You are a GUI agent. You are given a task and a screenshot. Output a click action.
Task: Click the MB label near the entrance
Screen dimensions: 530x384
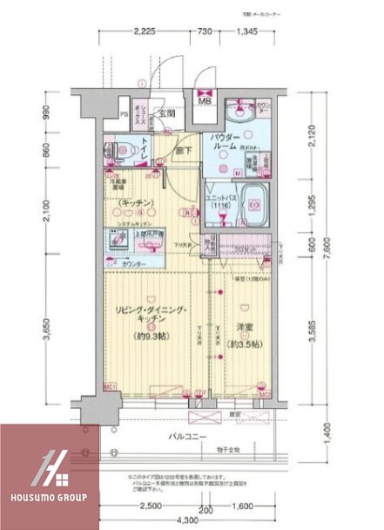[x=206, y=100]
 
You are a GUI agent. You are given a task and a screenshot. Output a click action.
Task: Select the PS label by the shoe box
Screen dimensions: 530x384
[x=125, y=114]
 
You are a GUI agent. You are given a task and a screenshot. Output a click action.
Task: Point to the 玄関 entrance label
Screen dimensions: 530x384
[x=165, y=113]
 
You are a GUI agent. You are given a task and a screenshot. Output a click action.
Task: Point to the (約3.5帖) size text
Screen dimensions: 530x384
[x=245, y=342]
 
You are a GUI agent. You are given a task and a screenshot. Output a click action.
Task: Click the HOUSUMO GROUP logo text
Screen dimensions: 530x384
[x=49, y=497]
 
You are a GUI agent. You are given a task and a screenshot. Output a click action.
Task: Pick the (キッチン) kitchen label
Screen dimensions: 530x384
[x=137, y=203]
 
